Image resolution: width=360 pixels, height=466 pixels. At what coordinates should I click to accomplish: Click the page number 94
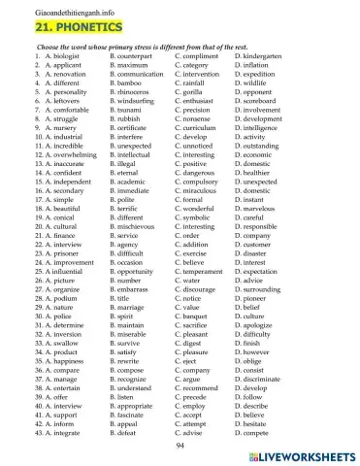tap(180, 445)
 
